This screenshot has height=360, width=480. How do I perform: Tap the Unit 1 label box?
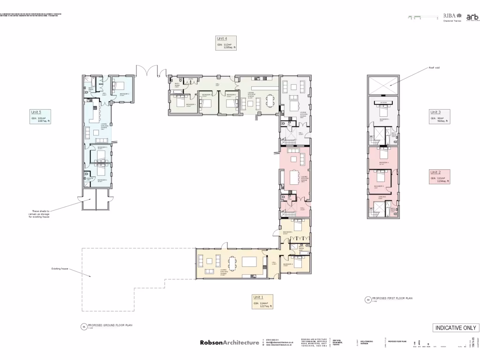[262, 301]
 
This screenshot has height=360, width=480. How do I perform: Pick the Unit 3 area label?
[439, 116]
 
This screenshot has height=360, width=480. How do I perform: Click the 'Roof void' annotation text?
[434, 68]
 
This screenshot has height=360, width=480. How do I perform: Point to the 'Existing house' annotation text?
[60, 269]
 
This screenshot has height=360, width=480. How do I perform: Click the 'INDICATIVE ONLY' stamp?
[455, 328]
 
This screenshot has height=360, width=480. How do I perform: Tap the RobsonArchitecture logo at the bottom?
[229, 343]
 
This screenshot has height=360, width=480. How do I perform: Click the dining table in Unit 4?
[271, 100]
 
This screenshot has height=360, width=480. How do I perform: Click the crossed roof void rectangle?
[383, 85]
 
